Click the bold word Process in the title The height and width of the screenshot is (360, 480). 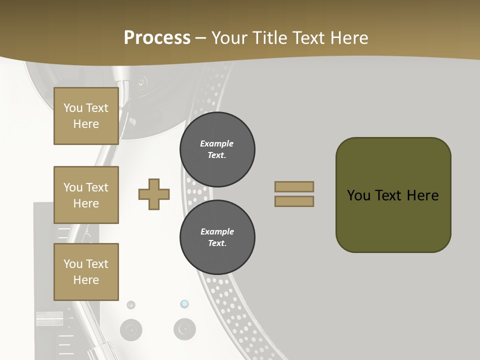pyautogui.click(x=157, y=38)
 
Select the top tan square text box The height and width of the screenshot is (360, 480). pyautogui.click(x=86, y=116)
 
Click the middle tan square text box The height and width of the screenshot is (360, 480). pyautogui.click(x=86, y=195)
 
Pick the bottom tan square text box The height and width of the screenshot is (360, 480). pyautogui.click(x=86, y=272)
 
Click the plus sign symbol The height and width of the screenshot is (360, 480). pyautogui.click(x=154, y=194)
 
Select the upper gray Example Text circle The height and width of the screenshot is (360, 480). pyautogui.click(x=217, y=149)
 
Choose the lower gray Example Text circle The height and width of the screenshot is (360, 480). pyautogui.click(x=217, y=237)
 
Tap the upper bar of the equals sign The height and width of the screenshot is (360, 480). pyautogui.click(x=294, y=186)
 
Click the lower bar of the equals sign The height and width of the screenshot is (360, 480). pyautogui.click(x=294, y=201)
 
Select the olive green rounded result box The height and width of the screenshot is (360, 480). pyautogui.click(x=393, y=195)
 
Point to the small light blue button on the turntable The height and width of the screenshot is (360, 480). pyautogui.click(x=184, y=303)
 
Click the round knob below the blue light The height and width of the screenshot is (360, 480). pyautogui.click(x=184, y=329)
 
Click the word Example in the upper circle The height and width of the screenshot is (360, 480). pyautogui.click(x=216, y=143)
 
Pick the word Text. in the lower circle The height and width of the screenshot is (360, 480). pyautogui.click(x=217, y=243)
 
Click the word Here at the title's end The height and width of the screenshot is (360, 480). pyautogui.click(x=349, y=38)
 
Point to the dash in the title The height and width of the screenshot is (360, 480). pyautogui.click(x=201, y=39)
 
